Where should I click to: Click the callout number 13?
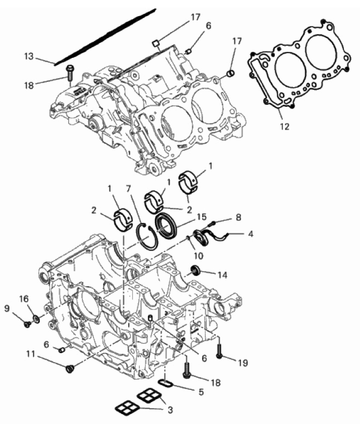[x=29, y=56]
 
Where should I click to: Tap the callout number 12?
[x=284, y=127]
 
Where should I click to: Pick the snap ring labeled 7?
[x=147, y=236]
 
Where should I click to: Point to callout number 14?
[x=222, y=275]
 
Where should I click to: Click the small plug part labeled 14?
[x=195, y=270]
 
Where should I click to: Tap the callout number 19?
[x=243, y=363]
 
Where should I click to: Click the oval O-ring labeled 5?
[x=165, y=385]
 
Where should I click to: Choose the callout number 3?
[x=170, y=410]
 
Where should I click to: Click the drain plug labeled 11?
[x=70, y=369]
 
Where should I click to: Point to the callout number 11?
[x=31, y=354]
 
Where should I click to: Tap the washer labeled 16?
[x=36, y=319]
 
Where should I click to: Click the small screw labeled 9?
[x=27, y=324]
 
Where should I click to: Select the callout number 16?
[x=24, y=299]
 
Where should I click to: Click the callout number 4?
[x=251, y=233]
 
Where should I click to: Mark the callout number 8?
[x=238, y=218]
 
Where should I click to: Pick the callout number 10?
[x=198, y=256]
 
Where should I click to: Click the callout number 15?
[x=202, y=217]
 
